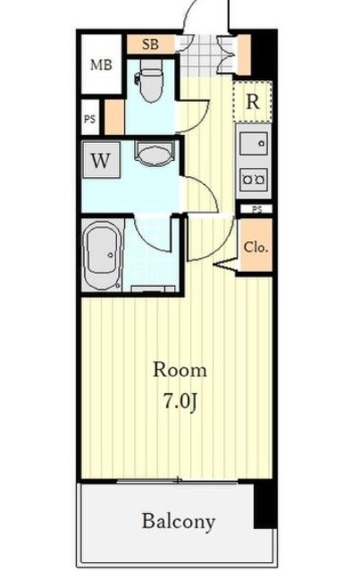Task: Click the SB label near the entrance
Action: click(x=150, y=44)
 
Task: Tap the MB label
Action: click(x=100, y=65)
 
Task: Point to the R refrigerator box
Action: click(x=253, y=101)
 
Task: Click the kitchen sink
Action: click(x=254, y=143)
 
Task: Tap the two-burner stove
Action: click(x=253, y=178)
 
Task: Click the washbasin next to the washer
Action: click(x=152, y=155)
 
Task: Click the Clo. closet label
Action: click(x=255, y=247)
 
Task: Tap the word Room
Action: click(x=180, y=369)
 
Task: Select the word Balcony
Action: click(x=179, y=521)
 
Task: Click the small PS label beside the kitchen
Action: click(x=256, y=209)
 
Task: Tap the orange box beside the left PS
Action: click(x=113, y=116)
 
